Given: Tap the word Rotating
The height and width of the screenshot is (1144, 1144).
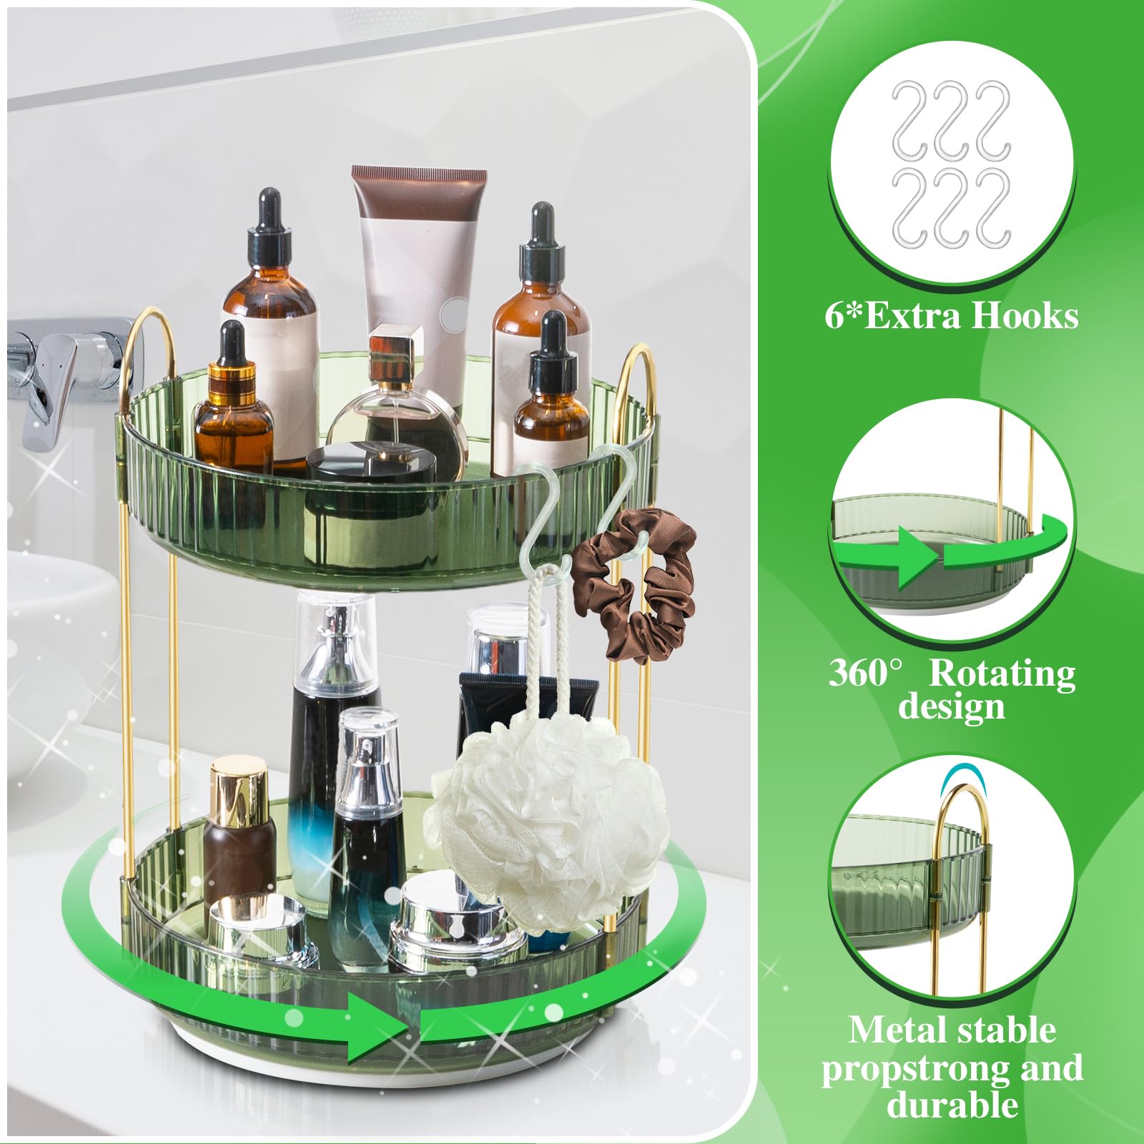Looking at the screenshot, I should click(x=1002, y=673).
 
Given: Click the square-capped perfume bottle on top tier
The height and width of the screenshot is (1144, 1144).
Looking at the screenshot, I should click(x=393, y=400).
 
